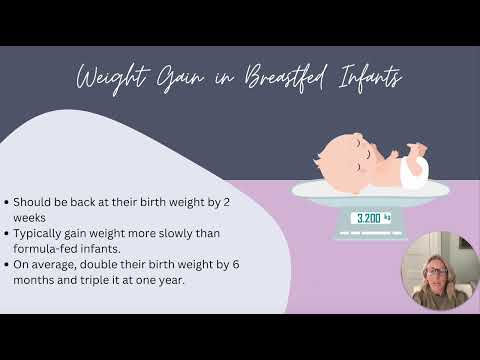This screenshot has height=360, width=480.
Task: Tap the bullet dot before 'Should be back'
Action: (9, 200)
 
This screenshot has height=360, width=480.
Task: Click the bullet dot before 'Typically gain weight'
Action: (9, 232)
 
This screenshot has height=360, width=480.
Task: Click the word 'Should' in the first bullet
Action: (33, 200)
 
